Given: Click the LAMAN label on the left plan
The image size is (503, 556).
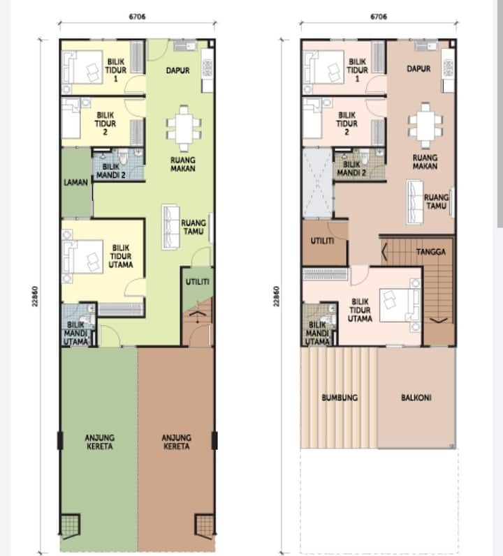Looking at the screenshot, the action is [75, 183].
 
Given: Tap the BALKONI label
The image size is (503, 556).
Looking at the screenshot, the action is [416, 398].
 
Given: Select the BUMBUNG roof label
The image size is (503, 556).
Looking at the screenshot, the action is [340, 398].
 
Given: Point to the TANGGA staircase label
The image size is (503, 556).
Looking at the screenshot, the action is [430, 252].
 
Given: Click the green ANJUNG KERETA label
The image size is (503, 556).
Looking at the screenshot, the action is [100, 442].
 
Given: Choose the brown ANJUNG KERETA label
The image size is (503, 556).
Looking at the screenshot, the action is [177, 442].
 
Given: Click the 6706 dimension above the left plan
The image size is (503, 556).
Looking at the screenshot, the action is [137, 17].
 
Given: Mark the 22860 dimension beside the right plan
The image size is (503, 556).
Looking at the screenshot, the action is [276, 296].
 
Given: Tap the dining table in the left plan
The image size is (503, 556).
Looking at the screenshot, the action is [184, 128].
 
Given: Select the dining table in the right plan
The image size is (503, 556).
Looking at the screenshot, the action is [425, 125].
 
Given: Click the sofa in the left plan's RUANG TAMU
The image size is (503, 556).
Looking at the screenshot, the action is [170, 227].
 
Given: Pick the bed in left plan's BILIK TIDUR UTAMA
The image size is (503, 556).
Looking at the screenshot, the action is [82, 256].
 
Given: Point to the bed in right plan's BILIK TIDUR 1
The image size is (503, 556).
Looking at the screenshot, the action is [323, 67].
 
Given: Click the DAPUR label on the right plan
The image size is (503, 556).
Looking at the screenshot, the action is [418, 68].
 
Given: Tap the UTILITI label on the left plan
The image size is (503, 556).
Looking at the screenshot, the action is [198, 282].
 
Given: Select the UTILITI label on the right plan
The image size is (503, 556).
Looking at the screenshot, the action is [322, 241].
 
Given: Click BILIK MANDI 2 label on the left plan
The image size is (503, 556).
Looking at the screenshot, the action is [111, 171].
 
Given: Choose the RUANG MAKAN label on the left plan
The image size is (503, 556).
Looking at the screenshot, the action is [183, 164].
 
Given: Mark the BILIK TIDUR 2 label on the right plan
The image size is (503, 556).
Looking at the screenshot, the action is [347, 123].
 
